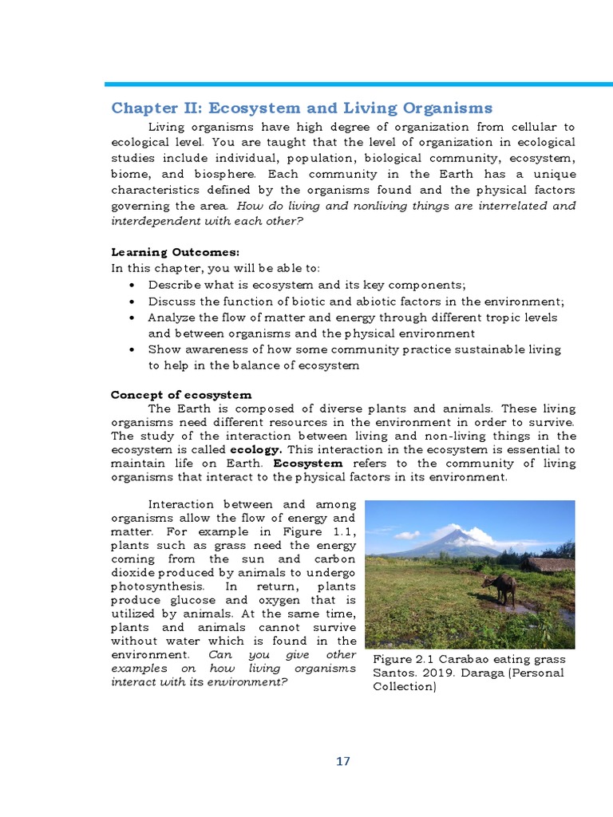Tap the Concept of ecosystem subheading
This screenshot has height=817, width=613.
(x=181, y=395)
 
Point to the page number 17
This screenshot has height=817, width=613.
(x=342, y=761)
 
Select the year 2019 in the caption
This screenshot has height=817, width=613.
(x=438, y=673)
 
